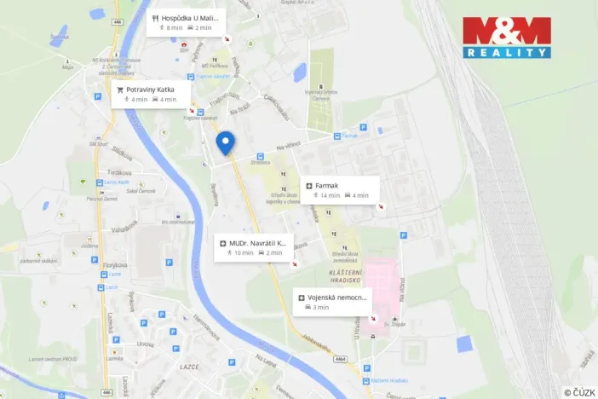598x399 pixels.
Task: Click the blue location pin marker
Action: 225,142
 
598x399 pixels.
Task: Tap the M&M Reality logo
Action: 506,38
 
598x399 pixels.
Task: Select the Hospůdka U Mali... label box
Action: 186,22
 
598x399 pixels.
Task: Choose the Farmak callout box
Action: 339,189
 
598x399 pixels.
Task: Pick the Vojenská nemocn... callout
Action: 332,301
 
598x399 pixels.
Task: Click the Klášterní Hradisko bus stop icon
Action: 366,379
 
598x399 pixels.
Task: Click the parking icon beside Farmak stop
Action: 363,128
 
